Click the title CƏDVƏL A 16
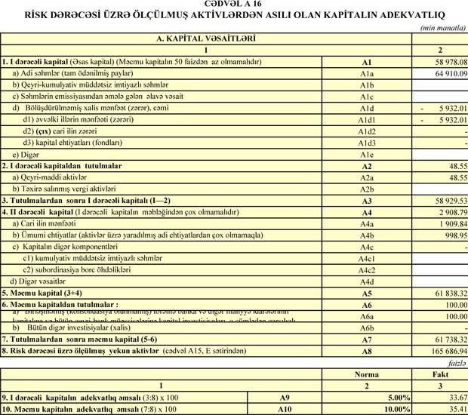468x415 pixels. click(x=234, y=5)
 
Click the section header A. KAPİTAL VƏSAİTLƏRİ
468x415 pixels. click(x=205, y=37)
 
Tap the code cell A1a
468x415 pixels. click(x=367, y=74)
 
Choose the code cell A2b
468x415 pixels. click(x=367, y=189)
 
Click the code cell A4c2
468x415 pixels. click(x=367, y=269)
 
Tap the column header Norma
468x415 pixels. click(x=365, y=373)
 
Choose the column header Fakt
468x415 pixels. click(x=440, y=373)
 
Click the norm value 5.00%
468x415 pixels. click(x=396, y=397)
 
